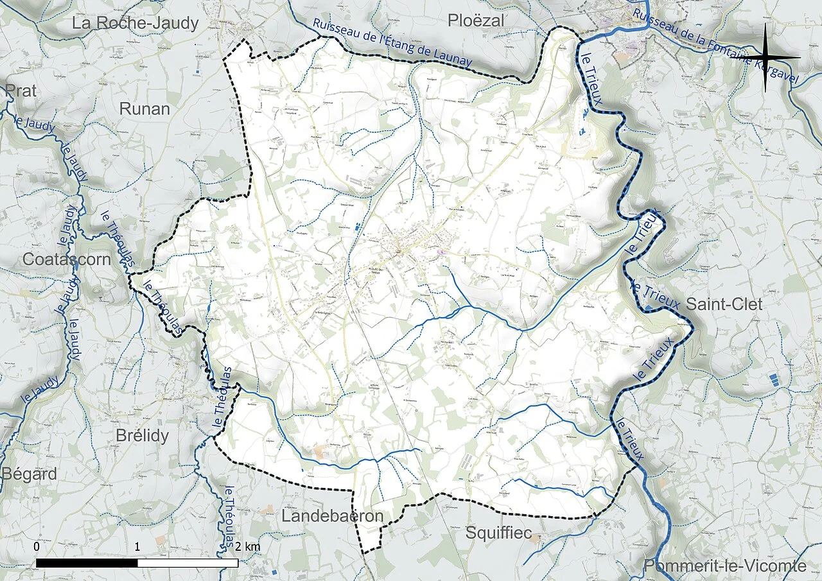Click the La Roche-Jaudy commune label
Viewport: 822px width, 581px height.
click(136, 24)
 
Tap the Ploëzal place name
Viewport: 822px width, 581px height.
click(476, 21)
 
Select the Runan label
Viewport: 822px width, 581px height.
click(144, 109)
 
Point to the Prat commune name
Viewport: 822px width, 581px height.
click(21, 91)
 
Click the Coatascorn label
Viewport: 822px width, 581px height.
click(67, 259)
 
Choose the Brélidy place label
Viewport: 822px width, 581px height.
click(142, 436)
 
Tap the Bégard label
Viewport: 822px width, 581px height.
click(29, 474)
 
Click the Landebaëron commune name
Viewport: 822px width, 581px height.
click(332, 516)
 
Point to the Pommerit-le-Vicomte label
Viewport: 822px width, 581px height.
click(725, 566)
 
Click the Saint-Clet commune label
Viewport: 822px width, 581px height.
click(724, 304)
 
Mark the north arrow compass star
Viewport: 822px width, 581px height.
click(766, 58)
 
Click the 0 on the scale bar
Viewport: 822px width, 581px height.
click(37, 547)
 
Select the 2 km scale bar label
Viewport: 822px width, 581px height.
click(247, 547)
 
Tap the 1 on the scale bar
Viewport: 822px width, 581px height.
click(137, 547)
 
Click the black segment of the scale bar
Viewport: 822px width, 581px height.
click(87, 563)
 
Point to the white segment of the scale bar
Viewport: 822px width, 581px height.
click(188, 563)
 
